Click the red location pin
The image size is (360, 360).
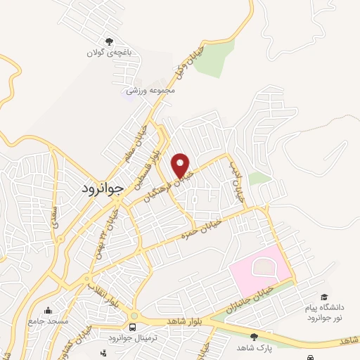tap(181, 165)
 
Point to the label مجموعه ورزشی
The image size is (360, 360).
tap(150, 90)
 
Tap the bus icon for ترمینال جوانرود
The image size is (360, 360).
tap(132, 328)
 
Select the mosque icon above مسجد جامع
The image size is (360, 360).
tap(48, 311)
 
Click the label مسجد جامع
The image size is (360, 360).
tap(48, 321)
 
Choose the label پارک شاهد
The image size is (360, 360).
tap(254, 348)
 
